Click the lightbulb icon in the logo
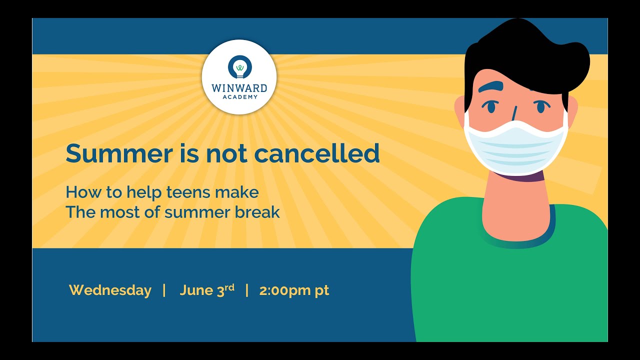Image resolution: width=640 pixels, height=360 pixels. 239,66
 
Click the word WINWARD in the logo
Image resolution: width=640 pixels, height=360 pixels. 239,88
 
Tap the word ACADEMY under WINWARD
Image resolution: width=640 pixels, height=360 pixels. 239,97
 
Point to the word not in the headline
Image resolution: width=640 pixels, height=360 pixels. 225,153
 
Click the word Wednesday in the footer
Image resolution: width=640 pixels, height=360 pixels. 110,290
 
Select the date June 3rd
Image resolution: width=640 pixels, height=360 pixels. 206,290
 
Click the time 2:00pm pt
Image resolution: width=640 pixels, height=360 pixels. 294,290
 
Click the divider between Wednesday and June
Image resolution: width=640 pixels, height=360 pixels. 164,290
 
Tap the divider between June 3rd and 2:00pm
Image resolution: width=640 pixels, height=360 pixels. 246,290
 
